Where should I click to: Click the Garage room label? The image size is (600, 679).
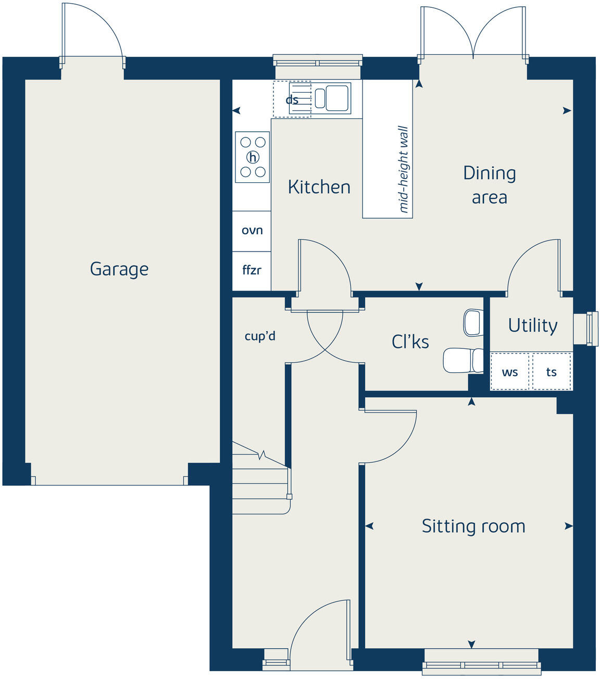click(119, 269)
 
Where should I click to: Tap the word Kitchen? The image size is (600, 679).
click(319, 187)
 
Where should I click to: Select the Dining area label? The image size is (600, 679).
click(489, 185)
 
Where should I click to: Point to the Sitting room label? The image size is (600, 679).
click(473, 526)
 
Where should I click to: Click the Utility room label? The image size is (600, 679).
click(532, 325)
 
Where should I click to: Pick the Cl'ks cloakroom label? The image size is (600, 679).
click(410, 342)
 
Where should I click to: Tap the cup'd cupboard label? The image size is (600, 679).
click(260, 336)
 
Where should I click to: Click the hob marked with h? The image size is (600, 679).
click(253, 157)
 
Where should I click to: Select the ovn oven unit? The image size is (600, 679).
click(252, 231)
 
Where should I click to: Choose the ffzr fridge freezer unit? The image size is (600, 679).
click(252, 270)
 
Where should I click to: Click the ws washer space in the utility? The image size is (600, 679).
click(510, 372)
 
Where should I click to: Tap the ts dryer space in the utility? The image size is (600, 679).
click(552, 372)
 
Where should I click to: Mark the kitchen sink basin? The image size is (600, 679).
click(336, 97)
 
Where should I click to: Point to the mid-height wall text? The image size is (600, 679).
click(404, 169)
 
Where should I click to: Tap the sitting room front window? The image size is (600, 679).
click(482, 663)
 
